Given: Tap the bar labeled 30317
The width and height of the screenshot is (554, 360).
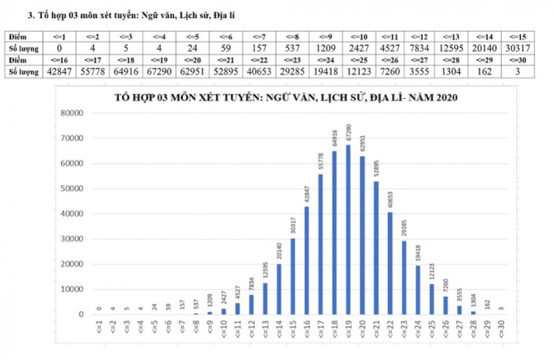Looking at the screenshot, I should (x=293, y=276).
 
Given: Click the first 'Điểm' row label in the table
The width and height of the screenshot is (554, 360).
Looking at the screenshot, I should (x=19, y=36).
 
